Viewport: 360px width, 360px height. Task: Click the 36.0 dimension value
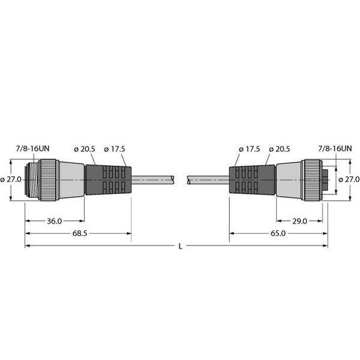(x=54, y=221)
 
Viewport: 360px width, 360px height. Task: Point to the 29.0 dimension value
(x=300, y=221)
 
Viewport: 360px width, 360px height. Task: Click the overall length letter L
(x=181, y=246)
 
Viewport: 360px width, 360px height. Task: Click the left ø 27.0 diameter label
(x=13, y=179)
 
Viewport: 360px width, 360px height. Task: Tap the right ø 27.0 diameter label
(x=349, y=179)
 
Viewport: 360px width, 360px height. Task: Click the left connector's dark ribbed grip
(x=108, y=179)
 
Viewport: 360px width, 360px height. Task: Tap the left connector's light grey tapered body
(x=71, y=179)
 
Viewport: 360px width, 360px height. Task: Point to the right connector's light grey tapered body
(x=288, y=179)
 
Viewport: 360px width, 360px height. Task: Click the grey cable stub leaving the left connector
(x=153, y=179)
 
